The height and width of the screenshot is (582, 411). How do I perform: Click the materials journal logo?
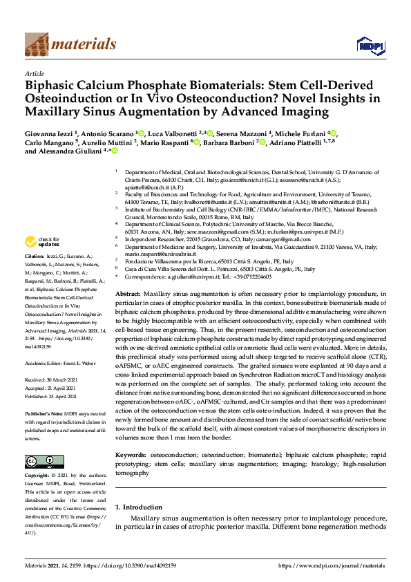click(x=60, y=44)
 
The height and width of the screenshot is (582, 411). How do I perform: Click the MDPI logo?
click(x=369, y=46)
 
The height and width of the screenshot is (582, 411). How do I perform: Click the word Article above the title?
click(x=35, y=73)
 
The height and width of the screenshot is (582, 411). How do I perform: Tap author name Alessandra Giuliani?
click(x=81, y=158)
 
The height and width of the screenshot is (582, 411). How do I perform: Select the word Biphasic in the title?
click(x=52, y=86)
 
